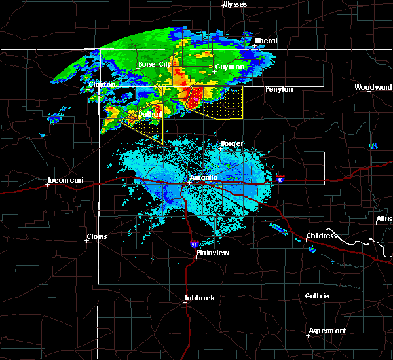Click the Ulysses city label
[235, 5]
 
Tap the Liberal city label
[266, 41]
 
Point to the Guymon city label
[229, 67]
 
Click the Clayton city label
[102, 85]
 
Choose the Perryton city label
[279, 89]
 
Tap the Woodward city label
[373, 87]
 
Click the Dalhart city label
[149, 115]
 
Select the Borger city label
[232, 143]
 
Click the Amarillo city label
[203, 177]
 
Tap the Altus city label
[384, 219]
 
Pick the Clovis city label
[97, 236]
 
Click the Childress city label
[322, 236]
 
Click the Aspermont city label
[327, 331]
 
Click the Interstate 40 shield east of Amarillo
[280, 179]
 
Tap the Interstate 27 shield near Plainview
[194, 244]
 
